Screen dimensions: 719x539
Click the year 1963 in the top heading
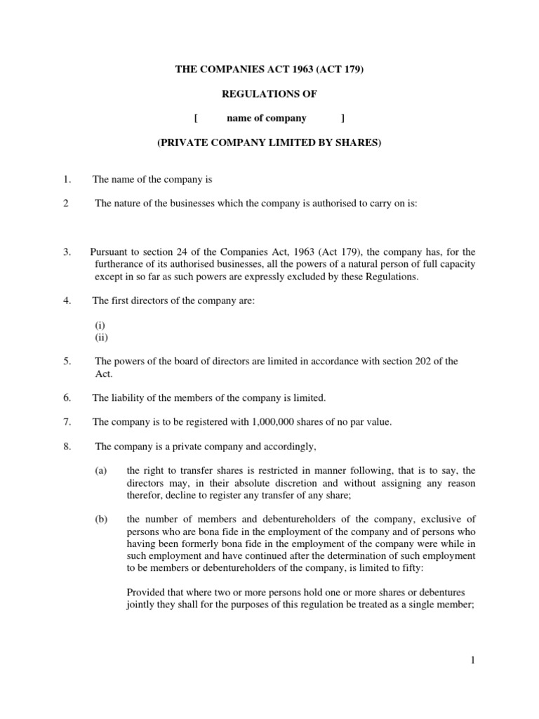[308, 70]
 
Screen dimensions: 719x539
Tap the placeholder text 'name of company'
[267, 118]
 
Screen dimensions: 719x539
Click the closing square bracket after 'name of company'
[342, 118]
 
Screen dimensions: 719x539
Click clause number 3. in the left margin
[67, 252]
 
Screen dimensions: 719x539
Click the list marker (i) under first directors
[100, 325]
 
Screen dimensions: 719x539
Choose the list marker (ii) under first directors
[101, 337]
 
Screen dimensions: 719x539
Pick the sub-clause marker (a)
[101, 470]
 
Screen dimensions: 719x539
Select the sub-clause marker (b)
[101, 519]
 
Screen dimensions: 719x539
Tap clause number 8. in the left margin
[67, 446]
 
